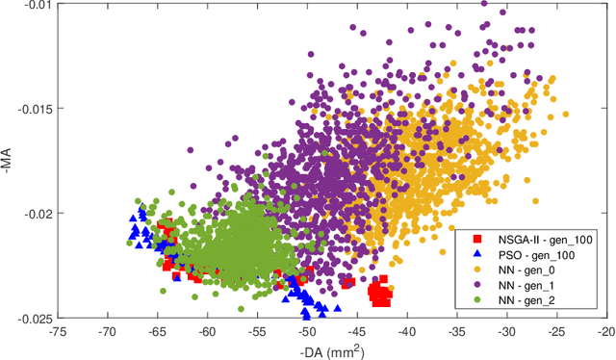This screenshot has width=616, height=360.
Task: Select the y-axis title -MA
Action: [x=9, y=160]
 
